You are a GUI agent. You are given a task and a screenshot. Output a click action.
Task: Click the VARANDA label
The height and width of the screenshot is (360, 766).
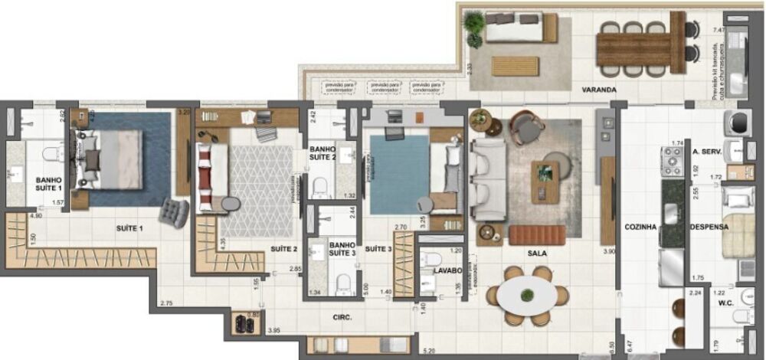point(599,90)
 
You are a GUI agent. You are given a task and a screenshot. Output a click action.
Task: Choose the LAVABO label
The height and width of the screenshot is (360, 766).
point(445,270)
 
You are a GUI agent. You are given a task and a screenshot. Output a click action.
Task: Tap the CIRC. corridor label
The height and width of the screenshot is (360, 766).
point(342,315)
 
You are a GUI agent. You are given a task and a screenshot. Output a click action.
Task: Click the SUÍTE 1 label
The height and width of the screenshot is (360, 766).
point(129,227)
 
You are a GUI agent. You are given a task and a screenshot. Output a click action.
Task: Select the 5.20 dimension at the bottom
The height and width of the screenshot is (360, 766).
point(429,350)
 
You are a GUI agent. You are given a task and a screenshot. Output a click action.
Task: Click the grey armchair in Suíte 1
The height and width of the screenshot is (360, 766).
point(175,212)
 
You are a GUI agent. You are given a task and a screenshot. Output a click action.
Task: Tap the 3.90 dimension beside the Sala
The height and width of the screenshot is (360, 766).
point(609,252)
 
